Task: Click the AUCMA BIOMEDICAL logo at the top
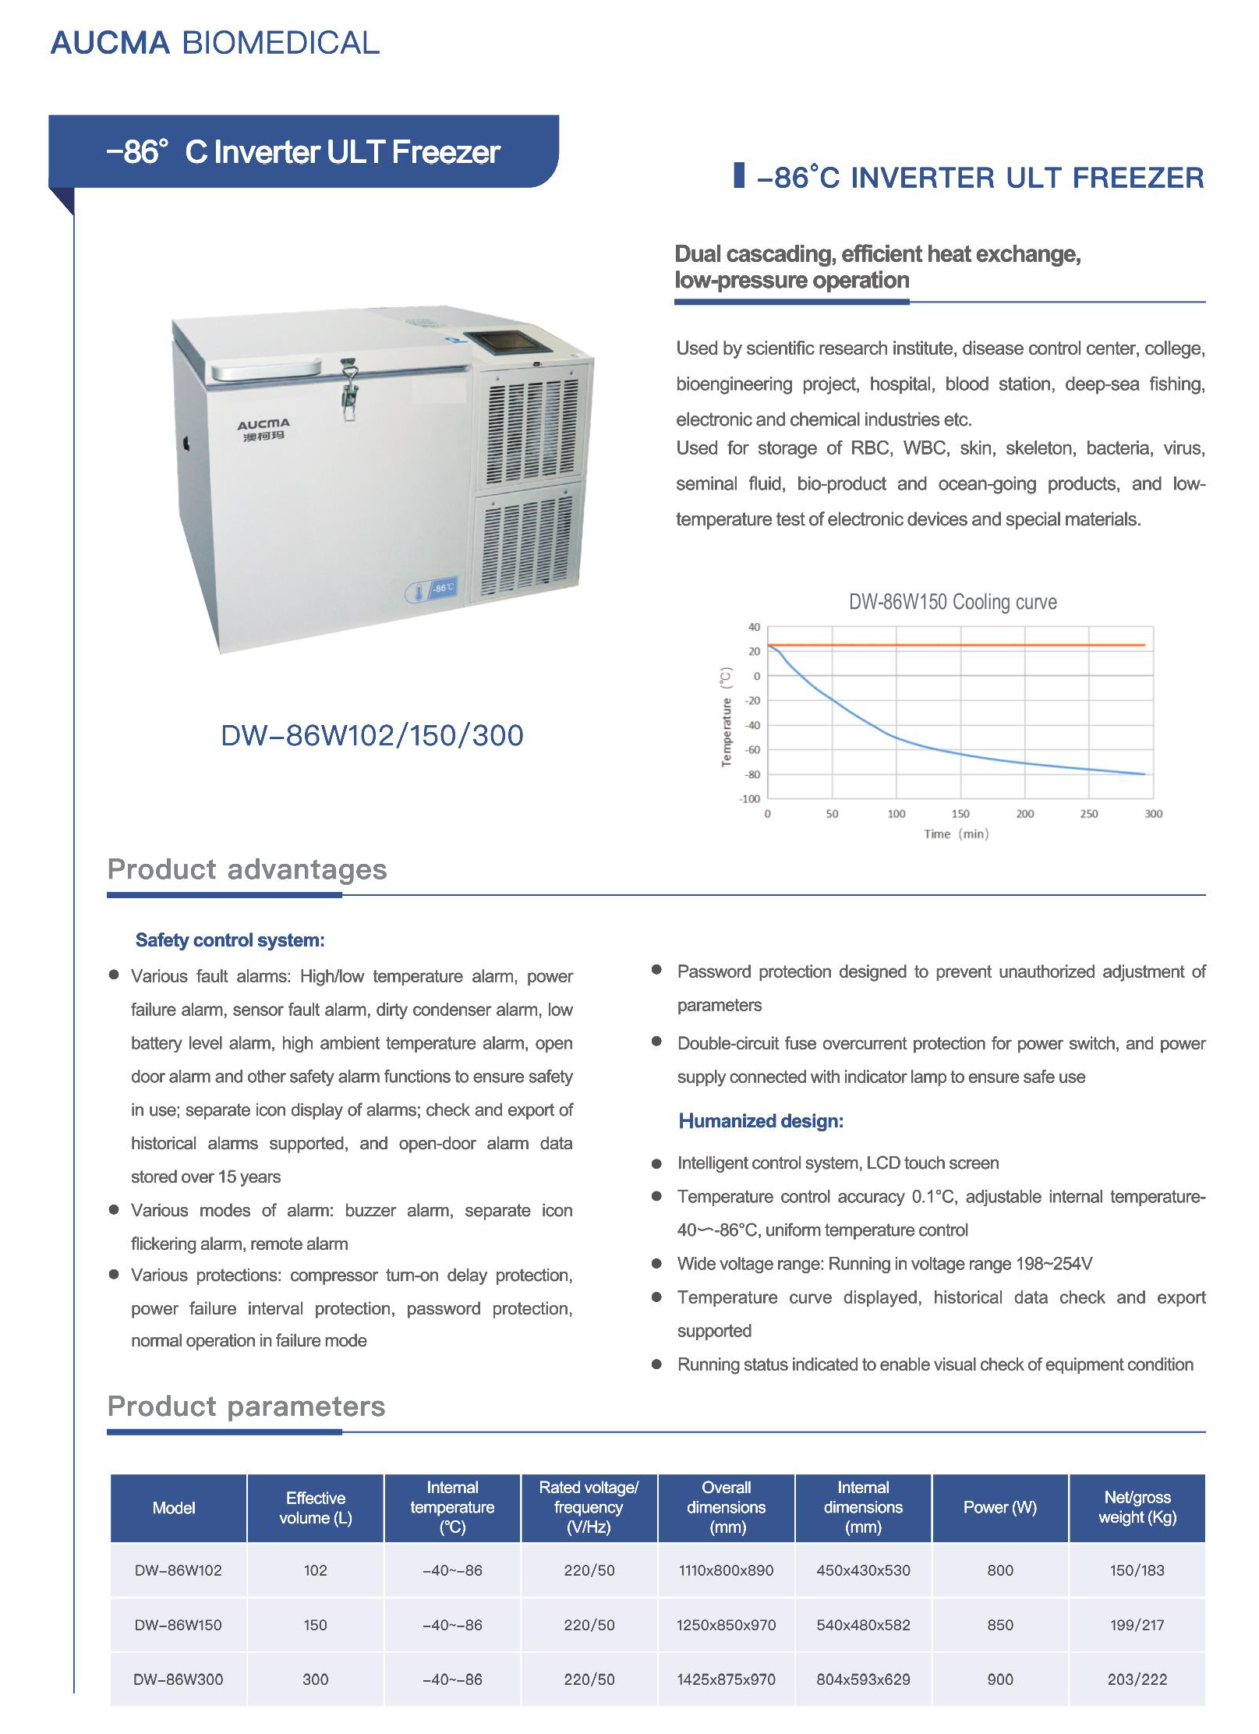point(214,43)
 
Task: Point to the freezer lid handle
point(266,369)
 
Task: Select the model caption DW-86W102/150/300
point(372,735)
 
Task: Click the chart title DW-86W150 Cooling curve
point(952,602)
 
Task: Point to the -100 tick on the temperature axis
point(749,799)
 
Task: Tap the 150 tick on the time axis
point(960,814)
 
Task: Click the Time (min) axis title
point(956,834)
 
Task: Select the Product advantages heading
point(246,869)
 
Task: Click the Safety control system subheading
point(230,940)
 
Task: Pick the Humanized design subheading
point(761,1121)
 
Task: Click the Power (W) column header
point(999,1507)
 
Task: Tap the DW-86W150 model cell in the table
point(178,1625)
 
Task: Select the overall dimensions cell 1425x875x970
point(726,1679)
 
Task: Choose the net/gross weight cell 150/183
point(1137,1570)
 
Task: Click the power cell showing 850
point(999,1625)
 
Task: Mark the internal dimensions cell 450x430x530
point(863,1570)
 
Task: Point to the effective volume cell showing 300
point(315,1679)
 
